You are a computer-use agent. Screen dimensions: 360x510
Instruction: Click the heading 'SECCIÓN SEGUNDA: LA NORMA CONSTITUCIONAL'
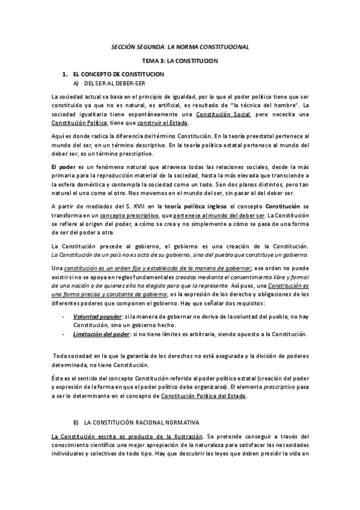(180, 46)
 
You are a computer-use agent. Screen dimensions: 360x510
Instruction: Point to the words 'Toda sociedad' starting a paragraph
(72, 355)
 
